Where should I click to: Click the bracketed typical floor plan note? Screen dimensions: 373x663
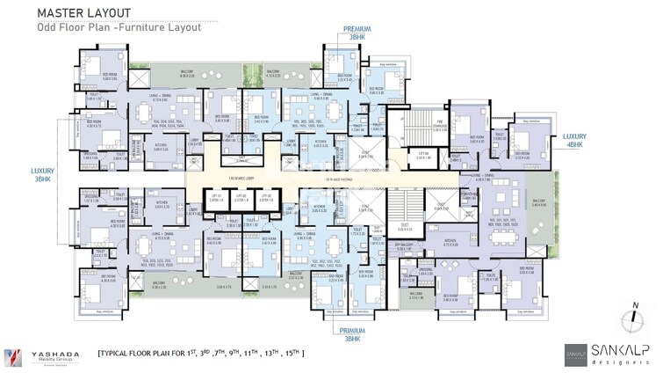click(x=202, y=354)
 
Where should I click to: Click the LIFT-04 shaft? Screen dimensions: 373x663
click(x=422, y=153)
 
